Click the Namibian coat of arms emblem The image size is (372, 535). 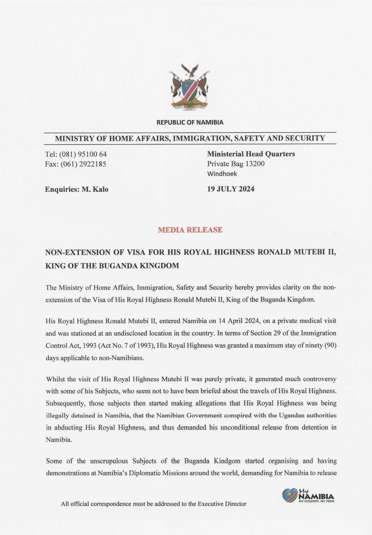tap(189, 88)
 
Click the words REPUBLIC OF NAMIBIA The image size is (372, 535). tap(190, 122)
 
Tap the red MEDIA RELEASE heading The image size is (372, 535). tap(190, 230)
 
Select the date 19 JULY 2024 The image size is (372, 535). tap(231, 189)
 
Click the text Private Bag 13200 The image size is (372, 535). tap(236, 164)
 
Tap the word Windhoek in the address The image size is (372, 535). tap(222, 174)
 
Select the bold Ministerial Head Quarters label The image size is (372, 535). tap(251, 154)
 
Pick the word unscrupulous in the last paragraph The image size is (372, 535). tap(108, 461)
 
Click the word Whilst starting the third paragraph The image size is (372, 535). tap(56, 379)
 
